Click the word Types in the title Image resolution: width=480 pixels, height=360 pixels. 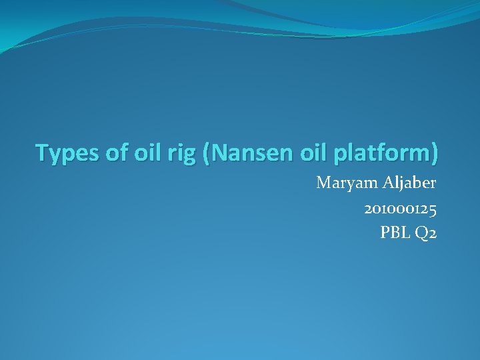65,153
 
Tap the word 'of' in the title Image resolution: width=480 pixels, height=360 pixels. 110,153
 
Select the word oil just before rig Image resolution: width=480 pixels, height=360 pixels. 141,153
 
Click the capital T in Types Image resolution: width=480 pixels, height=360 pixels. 42,153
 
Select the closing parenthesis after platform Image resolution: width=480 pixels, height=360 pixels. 435,153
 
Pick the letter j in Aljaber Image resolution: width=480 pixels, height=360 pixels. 401,184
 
